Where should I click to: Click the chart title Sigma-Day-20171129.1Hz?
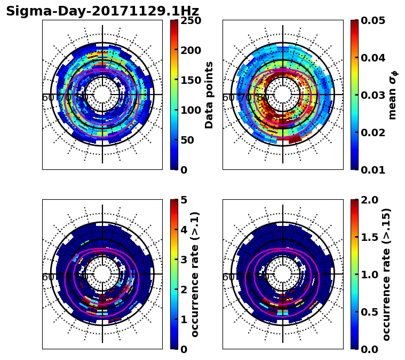click(x=102, y=11)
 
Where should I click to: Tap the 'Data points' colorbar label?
click(x=209, y=95)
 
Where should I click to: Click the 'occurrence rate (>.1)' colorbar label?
click(x=195, y=274)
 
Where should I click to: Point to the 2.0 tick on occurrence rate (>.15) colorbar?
click(x=368, y=200)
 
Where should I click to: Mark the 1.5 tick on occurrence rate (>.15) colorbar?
click(x=368, y=237)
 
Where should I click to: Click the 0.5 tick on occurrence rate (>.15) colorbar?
click(x=368, y=311)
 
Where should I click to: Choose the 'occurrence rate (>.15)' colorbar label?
click(x=386, y=274)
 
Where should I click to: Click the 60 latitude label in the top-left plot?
click(x=47, y=98)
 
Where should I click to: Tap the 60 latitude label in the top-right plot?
click(x=228, y=98)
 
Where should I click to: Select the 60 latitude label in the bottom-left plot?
click(x=47, y=277)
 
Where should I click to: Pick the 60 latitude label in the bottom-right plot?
click(x=228, y=277)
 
